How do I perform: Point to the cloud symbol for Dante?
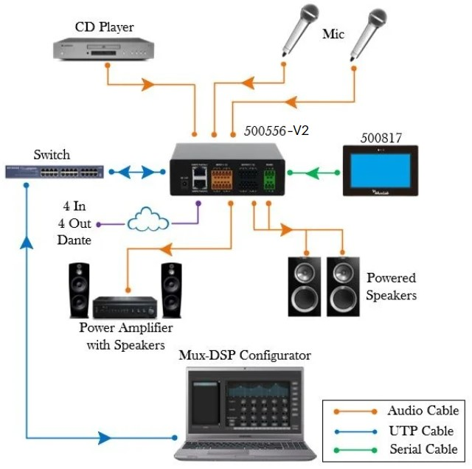tap(147, 220)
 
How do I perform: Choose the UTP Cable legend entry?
tap(423, 431)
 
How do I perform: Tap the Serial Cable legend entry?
tap(423, 449)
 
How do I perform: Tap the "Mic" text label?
tap(333, 34)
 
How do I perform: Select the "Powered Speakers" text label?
tap(391, 287)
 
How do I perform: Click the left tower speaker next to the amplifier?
tap(80, 290)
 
